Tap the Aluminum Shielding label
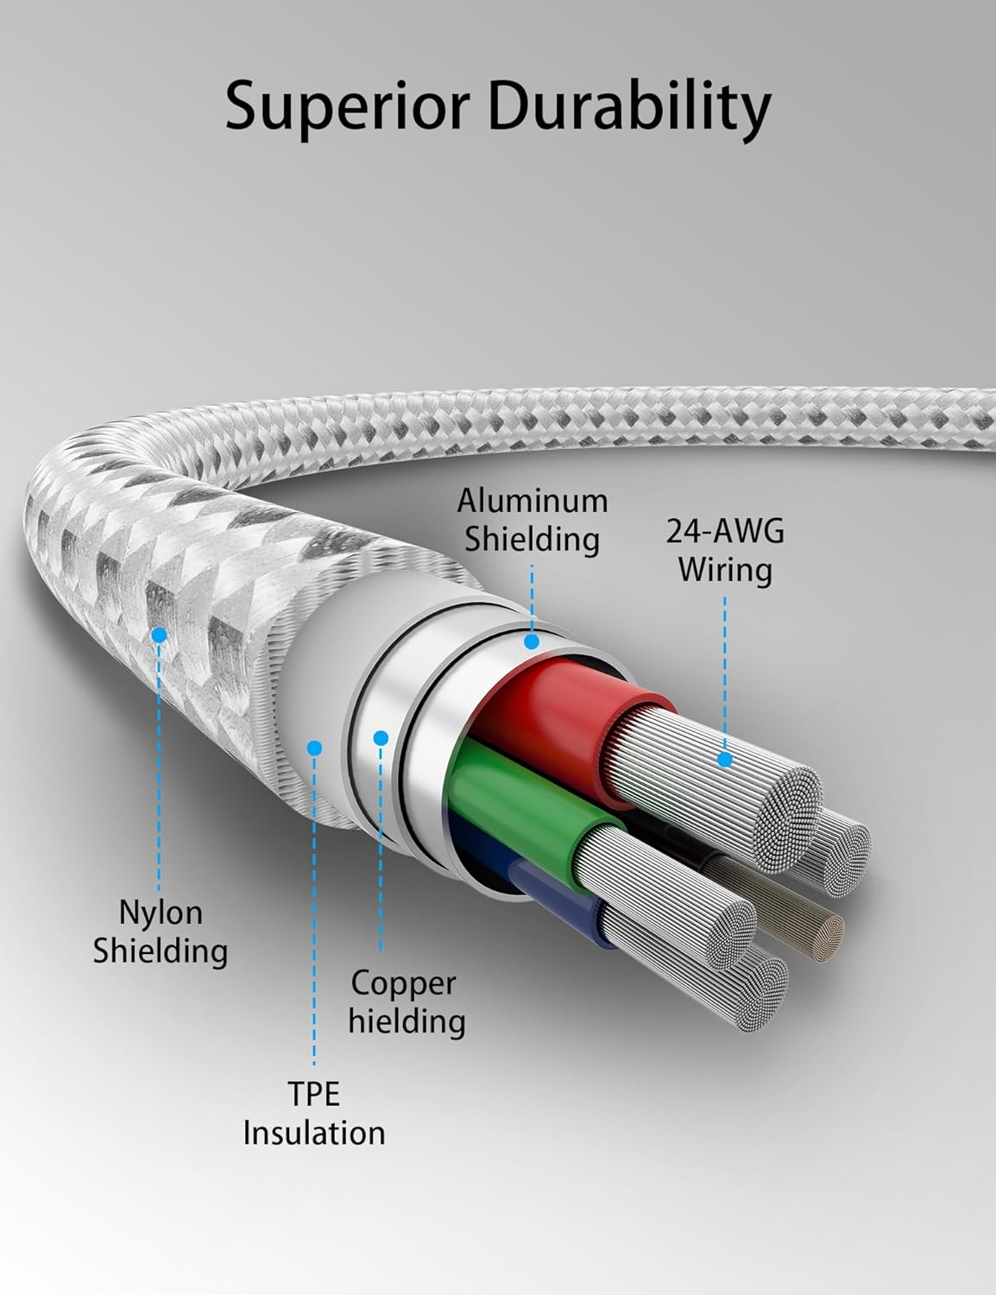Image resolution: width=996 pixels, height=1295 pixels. pyautogui.click(x=532, y=520)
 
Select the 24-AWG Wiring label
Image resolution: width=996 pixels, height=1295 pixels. pyautogui.click(x=725, y=550)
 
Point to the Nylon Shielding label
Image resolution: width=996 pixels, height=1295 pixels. pyautogui.click(x=161, y=932)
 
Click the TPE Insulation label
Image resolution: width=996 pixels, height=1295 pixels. pyautogui.click(x=314, y=1113)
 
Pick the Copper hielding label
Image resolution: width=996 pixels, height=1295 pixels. pyautogui.click(x=407, y=1001)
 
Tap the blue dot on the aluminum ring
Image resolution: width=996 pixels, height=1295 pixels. pyautogui.click(x=532, y=642)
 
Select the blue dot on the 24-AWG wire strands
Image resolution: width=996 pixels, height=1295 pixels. pyautogui.click(x=725, y=760)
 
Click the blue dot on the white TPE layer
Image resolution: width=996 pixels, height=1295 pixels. pyautogui.click(x=315, y=748)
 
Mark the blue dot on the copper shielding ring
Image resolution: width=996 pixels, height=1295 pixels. pyautogui.click(x=381, y=738)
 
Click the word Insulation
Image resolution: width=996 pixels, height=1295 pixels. pyautogui.click(x=314, y=1132)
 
